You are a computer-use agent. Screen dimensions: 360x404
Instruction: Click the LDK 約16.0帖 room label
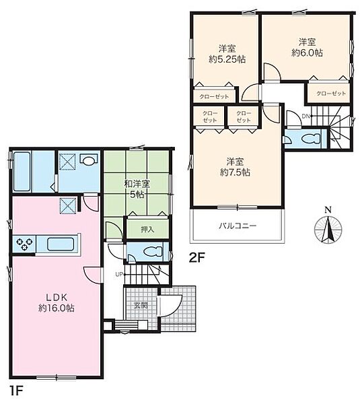57,303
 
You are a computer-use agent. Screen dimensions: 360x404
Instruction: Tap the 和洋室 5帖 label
137,189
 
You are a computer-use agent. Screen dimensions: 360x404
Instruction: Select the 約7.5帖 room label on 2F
235,167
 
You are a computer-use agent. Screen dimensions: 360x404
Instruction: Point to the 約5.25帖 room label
227,54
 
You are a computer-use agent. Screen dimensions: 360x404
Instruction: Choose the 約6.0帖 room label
307,48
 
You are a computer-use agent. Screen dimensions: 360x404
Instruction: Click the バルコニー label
238,226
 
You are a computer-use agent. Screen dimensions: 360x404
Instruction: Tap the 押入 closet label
147,230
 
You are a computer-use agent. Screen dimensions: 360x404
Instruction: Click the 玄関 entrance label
141,306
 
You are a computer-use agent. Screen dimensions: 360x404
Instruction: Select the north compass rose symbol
328,228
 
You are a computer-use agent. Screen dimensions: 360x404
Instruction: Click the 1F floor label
16,391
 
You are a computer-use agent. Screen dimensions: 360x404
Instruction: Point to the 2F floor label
197,258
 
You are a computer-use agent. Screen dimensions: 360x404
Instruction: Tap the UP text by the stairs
119,275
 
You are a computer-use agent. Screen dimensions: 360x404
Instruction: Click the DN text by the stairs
305,116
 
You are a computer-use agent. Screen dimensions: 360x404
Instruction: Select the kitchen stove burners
24,244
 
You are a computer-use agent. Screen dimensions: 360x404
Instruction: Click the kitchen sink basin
61,244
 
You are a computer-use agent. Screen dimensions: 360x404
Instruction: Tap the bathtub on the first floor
22,172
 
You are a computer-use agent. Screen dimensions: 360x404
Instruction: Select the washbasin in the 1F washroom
89,160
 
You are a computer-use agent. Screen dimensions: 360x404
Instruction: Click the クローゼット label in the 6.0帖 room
331,93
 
